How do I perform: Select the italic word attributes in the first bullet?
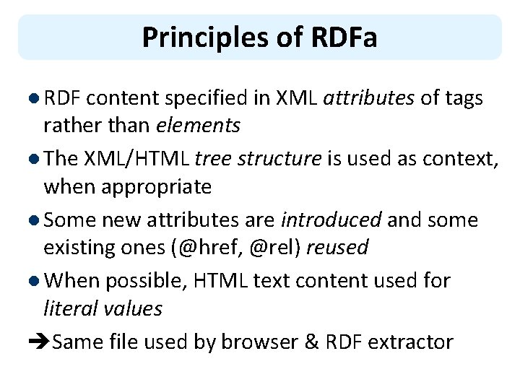[369, 98]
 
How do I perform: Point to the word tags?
[462, 98]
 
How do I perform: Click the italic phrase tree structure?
[258, 159]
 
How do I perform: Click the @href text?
[209, 247]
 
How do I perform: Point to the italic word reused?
[337, 247]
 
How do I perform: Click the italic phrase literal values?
[103, 308]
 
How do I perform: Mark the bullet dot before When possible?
[35, 281]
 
